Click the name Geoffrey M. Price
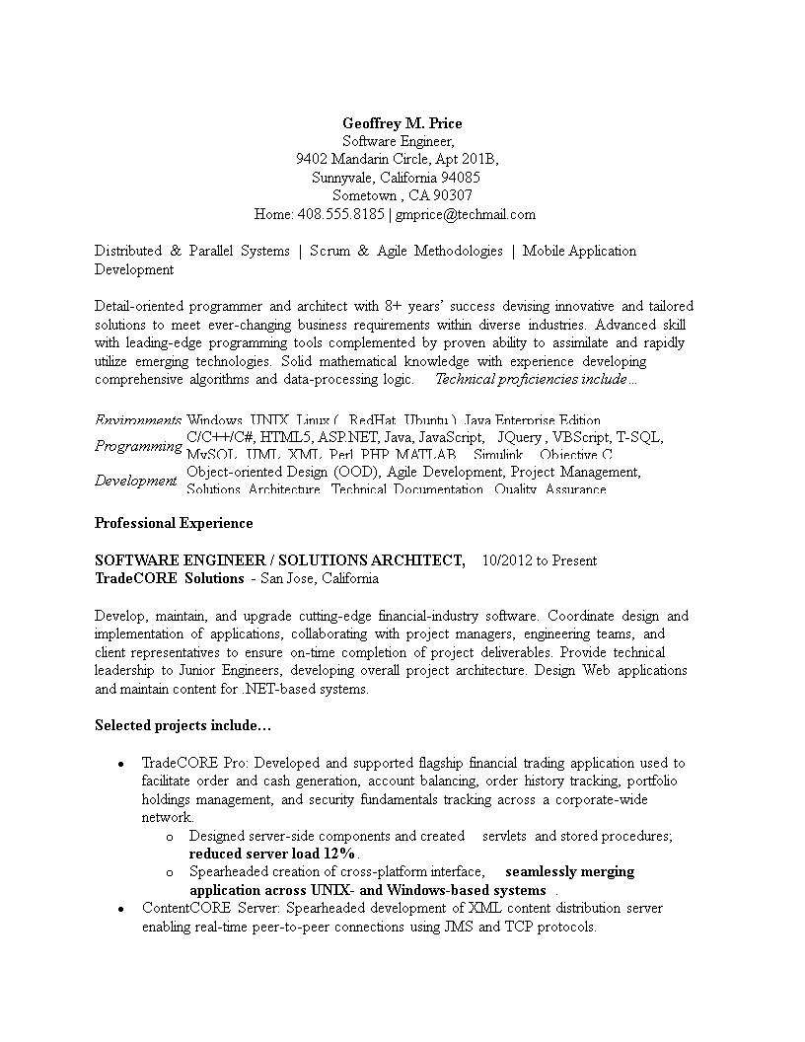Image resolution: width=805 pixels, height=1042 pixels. point(402,123)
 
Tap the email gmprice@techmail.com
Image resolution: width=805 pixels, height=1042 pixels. point(467,214)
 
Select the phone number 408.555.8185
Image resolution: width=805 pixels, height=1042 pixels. point(340,214)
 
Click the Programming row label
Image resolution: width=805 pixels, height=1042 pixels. point(138,446)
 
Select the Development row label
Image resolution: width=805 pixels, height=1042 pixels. point(135,481)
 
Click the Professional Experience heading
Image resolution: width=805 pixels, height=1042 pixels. point(174,523)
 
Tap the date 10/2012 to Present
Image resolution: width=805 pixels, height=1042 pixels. point(539,560)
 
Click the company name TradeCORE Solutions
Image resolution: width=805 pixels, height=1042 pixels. point(169,578)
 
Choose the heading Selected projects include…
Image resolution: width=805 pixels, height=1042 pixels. point(183,725)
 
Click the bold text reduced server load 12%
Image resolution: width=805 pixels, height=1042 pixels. point(272,854)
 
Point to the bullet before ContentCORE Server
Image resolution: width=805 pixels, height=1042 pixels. point(120,909)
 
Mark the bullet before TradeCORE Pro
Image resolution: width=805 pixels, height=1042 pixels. point(120,764)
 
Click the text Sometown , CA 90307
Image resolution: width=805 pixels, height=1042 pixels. point(402,195)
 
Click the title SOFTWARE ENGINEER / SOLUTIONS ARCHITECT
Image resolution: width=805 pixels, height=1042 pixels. point(279,560)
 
